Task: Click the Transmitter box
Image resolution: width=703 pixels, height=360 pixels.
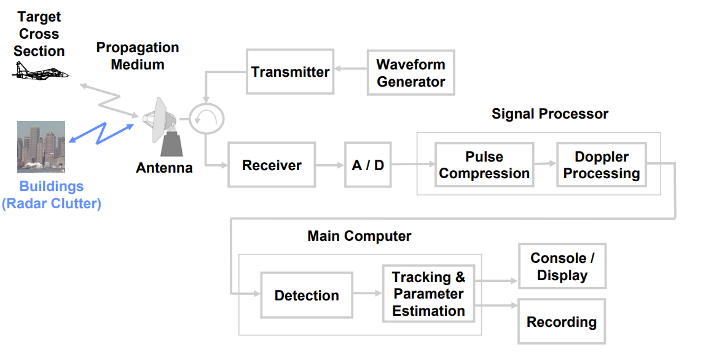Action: point(290,72)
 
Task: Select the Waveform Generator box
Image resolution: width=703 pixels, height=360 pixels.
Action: point(410,72)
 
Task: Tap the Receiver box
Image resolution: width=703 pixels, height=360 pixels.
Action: point(272,165)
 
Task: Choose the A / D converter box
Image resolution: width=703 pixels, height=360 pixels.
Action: point(368,165)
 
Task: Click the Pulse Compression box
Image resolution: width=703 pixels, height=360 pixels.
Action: point(484,165)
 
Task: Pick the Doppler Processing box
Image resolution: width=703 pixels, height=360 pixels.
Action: point(601,165)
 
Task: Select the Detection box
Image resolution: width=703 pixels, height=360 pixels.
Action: point(307,295)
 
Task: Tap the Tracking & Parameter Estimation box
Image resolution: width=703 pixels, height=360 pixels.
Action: point(428,294)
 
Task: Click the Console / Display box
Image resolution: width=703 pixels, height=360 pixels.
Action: point(562,267)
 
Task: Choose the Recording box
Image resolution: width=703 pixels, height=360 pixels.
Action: point(562,321)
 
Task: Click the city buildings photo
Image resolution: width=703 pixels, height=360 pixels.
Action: point(41,146)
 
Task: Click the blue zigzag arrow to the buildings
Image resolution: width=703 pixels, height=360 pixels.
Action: point(101,133)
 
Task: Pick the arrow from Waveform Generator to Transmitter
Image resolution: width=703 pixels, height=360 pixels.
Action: point(350,72)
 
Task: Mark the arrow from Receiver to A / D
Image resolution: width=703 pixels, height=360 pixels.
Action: point(330,165)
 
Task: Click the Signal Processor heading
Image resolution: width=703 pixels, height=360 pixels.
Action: point(549,114)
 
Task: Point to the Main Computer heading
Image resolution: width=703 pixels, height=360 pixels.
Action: point(359,236)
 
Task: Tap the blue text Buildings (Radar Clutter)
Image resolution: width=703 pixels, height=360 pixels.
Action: point(52,195)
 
